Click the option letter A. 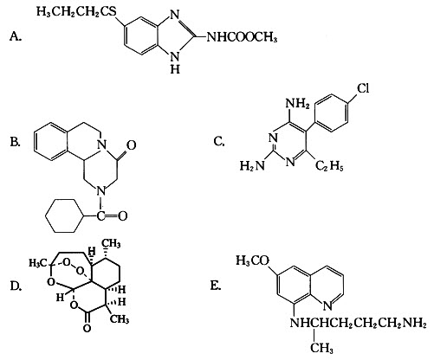pyautogui.click(x=16, y=36)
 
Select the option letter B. pyautogui.click(x=15, y=143)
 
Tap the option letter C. pyautogui.click(x=219, y=141)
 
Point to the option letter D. pyautogui.click(x=16, y=286)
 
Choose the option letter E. pyautogui.click(x=216, y=286)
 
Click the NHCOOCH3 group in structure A pyautogui.click(x=242, y=37)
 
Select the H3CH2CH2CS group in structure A pyautogui.click(x=76, y=11)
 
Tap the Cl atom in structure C pyautogui.click(x=363, y=88)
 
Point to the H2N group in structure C pyautogui.click(x=252, y=166)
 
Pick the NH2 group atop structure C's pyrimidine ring pyautogui.click(x=297, y=103)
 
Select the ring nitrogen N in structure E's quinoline pyautogui.click(x=327, y=305)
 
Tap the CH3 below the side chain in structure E pyautogui.click(x=321, y=348)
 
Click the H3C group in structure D pyautogui.click(x=37, y=263)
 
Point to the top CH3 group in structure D pyautogui.click(x=112, y=244)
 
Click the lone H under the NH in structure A pyautogui.click(x=175, y=69)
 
